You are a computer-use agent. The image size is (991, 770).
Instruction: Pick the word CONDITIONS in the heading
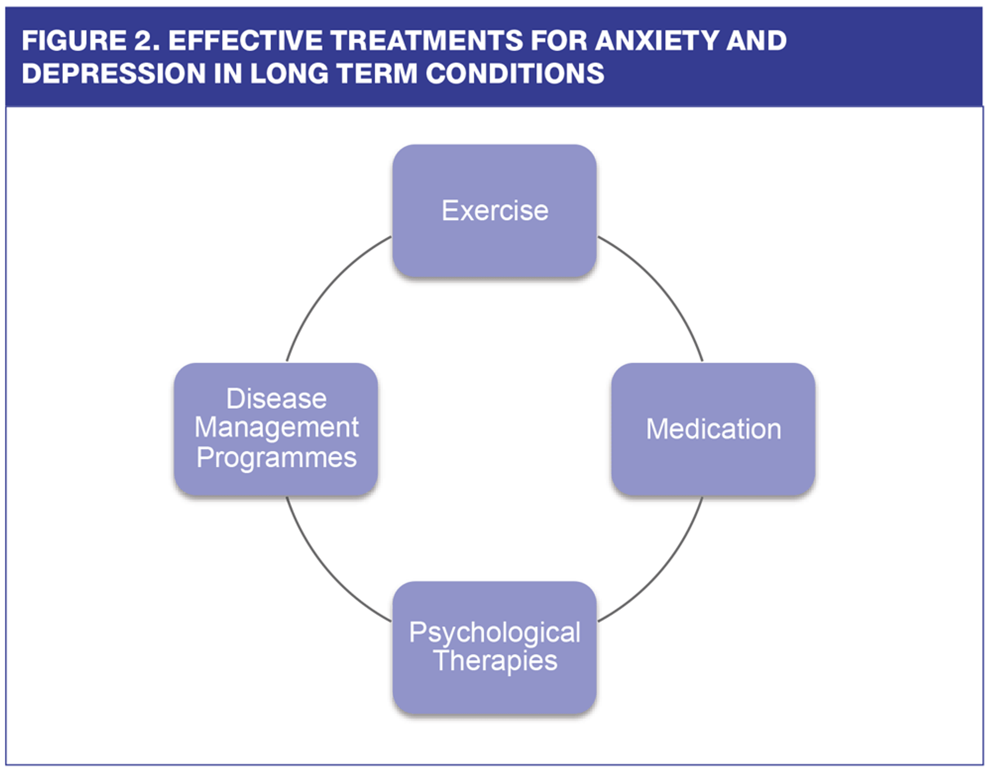tap(515, 73)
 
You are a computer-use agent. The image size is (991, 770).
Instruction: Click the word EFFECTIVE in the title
tap(245, 40)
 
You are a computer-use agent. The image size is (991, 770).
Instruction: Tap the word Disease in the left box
tap(276, 398)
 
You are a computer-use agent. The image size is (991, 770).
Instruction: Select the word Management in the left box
tap(276, 428)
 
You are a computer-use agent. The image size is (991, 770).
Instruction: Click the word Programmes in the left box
tap(276, 457)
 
